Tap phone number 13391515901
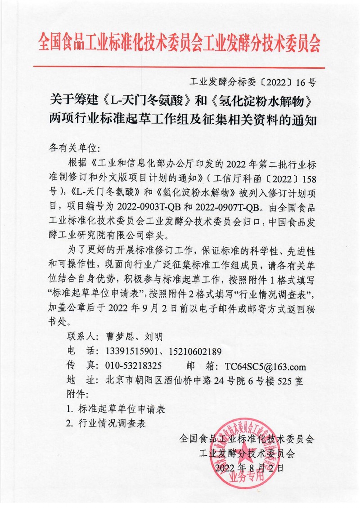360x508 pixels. click(131, 351)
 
